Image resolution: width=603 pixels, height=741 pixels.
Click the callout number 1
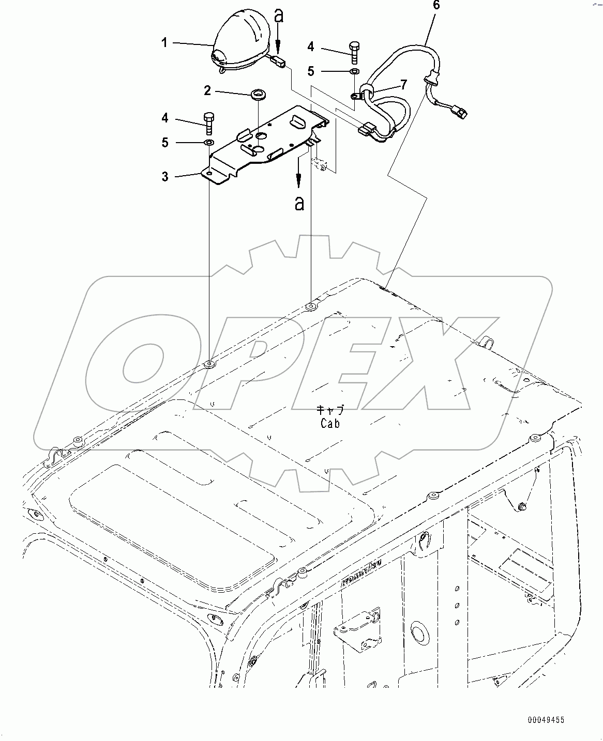coord(164,42)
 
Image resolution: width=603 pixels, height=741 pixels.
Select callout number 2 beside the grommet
coord(207,91)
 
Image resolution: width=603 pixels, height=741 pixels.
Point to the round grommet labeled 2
coord(257,95)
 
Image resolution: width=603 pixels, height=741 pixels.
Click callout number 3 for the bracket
coord(164,177)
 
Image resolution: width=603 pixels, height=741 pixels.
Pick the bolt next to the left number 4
coord(209,123)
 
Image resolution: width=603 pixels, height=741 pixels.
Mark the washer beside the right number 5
coord(354,71)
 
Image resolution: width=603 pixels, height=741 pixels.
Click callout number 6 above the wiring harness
coord(436,6)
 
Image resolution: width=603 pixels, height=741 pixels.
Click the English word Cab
coord(330,424)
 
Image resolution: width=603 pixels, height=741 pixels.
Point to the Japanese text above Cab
coord(330,410)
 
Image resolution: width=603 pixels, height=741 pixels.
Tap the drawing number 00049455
coord(546,719)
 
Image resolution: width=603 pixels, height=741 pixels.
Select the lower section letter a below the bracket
coord(299,204)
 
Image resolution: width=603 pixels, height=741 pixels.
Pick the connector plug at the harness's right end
coord(460,111)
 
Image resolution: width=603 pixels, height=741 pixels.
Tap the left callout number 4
coord(164,119)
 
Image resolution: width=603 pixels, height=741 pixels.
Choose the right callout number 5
coord(310,70)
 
